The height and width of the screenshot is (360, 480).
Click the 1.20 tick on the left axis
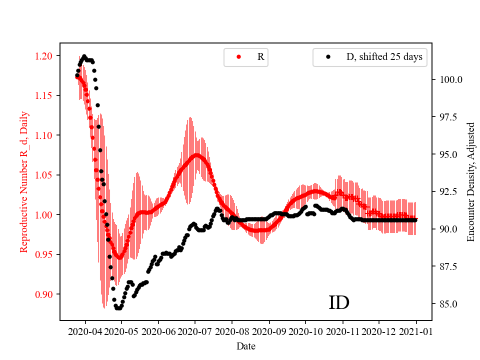coord(47,55)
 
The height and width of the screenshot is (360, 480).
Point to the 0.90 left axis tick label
coord(47,294)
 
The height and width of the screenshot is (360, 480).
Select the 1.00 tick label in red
coord(47,214)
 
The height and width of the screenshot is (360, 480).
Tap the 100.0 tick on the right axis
coord(449,79)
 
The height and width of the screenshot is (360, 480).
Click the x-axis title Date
coord(246,345)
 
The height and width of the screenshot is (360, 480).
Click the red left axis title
coord(24,182)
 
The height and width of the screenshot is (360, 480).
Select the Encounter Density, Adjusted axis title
coord(470,182)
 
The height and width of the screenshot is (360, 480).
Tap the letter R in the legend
coord(260,57)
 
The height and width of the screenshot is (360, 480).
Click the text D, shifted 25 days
coord(384,57)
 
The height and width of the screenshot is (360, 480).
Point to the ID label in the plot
coord(338,303)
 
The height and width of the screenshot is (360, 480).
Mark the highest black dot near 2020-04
coord(84,56)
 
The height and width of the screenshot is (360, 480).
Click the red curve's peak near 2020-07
coord(196,155)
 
